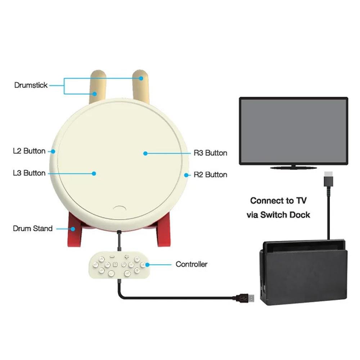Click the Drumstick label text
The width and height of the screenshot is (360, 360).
[x=31, y=85]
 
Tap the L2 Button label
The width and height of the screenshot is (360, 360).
[x=29, y=151]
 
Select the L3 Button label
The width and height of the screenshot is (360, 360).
[x=29, y=173]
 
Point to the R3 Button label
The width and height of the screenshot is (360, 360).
[x=210, y=153]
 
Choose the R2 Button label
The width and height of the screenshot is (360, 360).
[x=210, y=175]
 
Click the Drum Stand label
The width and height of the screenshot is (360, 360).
[x=33, y=229]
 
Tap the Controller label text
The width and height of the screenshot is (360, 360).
[x=192, y=264]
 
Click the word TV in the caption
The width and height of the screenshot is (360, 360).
[x=301, y=201]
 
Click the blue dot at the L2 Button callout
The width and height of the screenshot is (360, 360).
[x=53, y=152]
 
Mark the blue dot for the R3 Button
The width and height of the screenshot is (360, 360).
[x=145, y=153]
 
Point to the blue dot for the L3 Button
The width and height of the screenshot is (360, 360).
[x=94, y=174]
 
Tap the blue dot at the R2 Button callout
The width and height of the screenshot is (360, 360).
[x=186, y=175]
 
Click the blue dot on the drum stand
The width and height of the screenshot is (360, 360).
[x=73, y=229]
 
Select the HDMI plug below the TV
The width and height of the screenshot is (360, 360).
[x=329, y=179]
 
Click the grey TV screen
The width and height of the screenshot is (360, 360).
[x=294, y=131]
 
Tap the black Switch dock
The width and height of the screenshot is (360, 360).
[x=303, y=273]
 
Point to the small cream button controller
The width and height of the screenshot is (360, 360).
[x=120, y=265]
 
